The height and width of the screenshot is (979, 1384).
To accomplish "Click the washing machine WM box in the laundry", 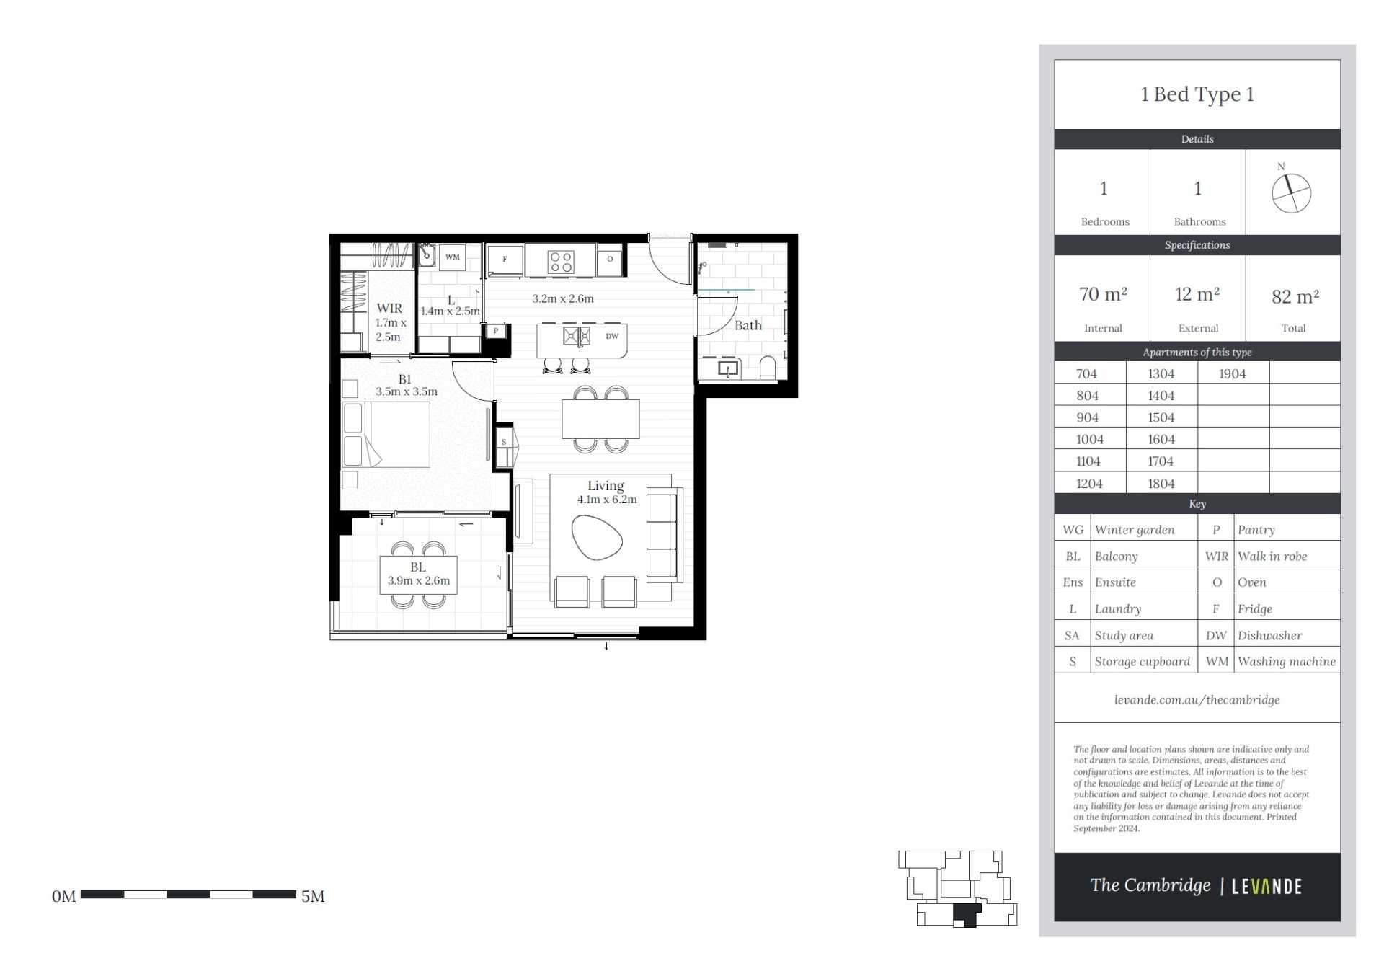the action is click(x=452, y=257).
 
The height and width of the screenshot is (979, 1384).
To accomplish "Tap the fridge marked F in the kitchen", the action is click(x=505, y=260).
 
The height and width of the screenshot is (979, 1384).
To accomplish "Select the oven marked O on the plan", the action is click(x=610, y=259).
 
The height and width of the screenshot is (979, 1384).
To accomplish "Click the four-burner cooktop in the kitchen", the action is click(x=561, y=262).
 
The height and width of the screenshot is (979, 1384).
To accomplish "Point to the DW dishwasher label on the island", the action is click(x=612, y=336).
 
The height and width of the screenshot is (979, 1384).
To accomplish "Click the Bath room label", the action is click(x=748, y=325).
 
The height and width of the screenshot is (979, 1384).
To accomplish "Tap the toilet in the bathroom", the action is click(x=768, y=367).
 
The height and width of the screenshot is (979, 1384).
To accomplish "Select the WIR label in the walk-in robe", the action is click(x=389, y=309).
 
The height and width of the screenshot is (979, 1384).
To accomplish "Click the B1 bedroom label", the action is click(x=405, y=379).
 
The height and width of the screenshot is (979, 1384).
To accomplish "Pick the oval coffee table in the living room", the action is click(x=596, y=537).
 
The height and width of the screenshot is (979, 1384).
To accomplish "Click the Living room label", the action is click(x=605, y=486).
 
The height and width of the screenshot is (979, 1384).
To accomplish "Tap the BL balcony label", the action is click(x=418, y=567).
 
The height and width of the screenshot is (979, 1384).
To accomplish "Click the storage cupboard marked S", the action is click(x=504, y=442).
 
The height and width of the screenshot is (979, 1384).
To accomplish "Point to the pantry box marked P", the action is click(x=496, y=331).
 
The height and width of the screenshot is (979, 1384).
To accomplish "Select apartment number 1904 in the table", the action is click(x=1233, y=373).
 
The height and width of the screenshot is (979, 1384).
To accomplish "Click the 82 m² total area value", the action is click(x=1295, y=296).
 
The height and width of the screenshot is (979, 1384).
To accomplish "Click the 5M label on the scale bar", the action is click(x=313, y=896).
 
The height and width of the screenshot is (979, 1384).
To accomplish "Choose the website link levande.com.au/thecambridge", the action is click(x=1197, y=699).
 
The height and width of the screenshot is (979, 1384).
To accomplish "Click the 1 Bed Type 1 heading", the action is click(x=1197, y=94).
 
